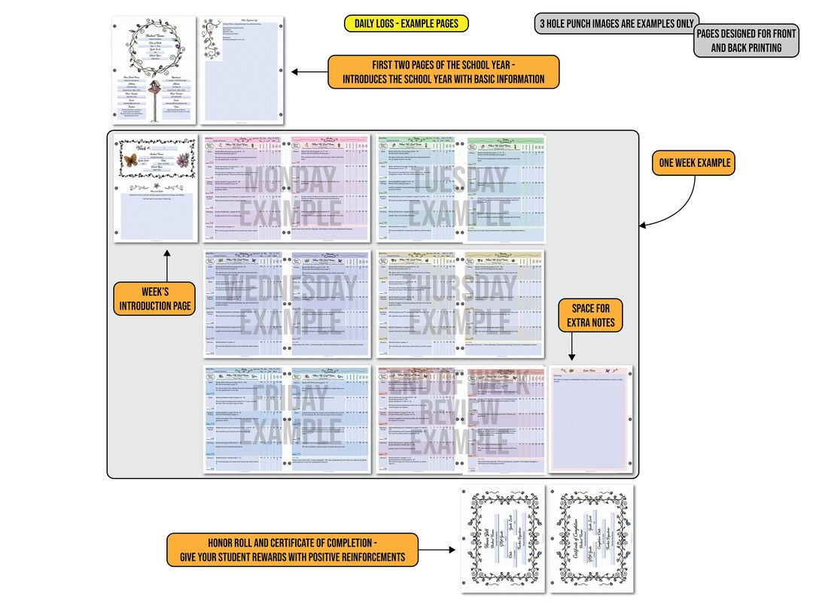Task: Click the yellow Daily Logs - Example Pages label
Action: [x=406, y=23]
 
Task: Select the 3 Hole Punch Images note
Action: [x=616, y=23]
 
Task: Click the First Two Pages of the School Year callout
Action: [x=443, y=71]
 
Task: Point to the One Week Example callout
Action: [x=693, y=162]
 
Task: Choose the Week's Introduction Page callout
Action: [x=154, y=298]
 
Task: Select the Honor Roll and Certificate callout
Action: [x=303, y=550]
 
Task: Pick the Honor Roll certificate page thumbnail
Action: [x=500, y=540]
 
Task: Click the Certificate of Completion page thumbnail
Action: [x=590, y=540]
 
